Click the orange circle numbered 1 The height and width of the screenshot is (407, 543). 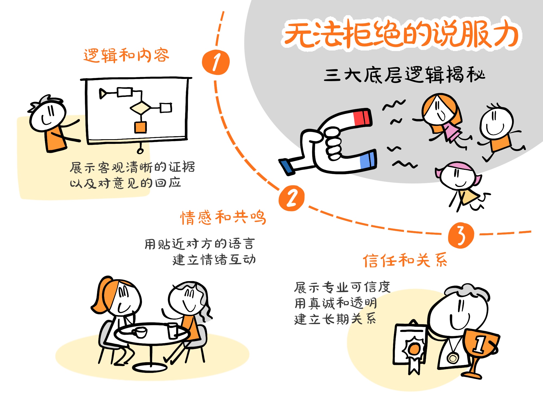[x=216, y=62]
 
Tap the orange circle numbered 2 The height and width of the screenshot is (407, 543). [x=292, y=198]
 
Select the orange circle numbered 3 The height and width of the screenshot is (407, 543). [x=461, y=235]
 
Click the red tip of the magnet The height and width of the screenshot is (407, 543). [x=362, y=117]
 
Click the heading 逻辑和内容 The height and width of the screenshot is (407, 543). [x=126, y=56]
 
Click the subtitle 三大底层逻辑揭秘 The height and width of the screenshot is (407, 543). [x=405, y=75]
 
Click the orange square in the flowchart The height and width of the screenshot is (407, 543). [x=140, y=127]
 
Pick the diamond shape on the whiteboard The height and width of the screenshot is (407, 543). [x=140, y=108]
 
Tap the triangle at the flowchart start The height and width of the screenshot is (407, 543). [x=103, y=94]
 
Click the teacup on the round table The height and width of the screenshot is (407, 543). [x=140, y=332]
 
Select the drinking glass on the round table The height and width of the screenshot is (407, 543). [x=172, y=331]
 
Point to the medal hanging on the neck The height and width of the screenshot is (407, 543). [x=453, y=358]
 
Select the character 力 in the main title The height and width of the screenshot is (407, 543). [x=506, y=34]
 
